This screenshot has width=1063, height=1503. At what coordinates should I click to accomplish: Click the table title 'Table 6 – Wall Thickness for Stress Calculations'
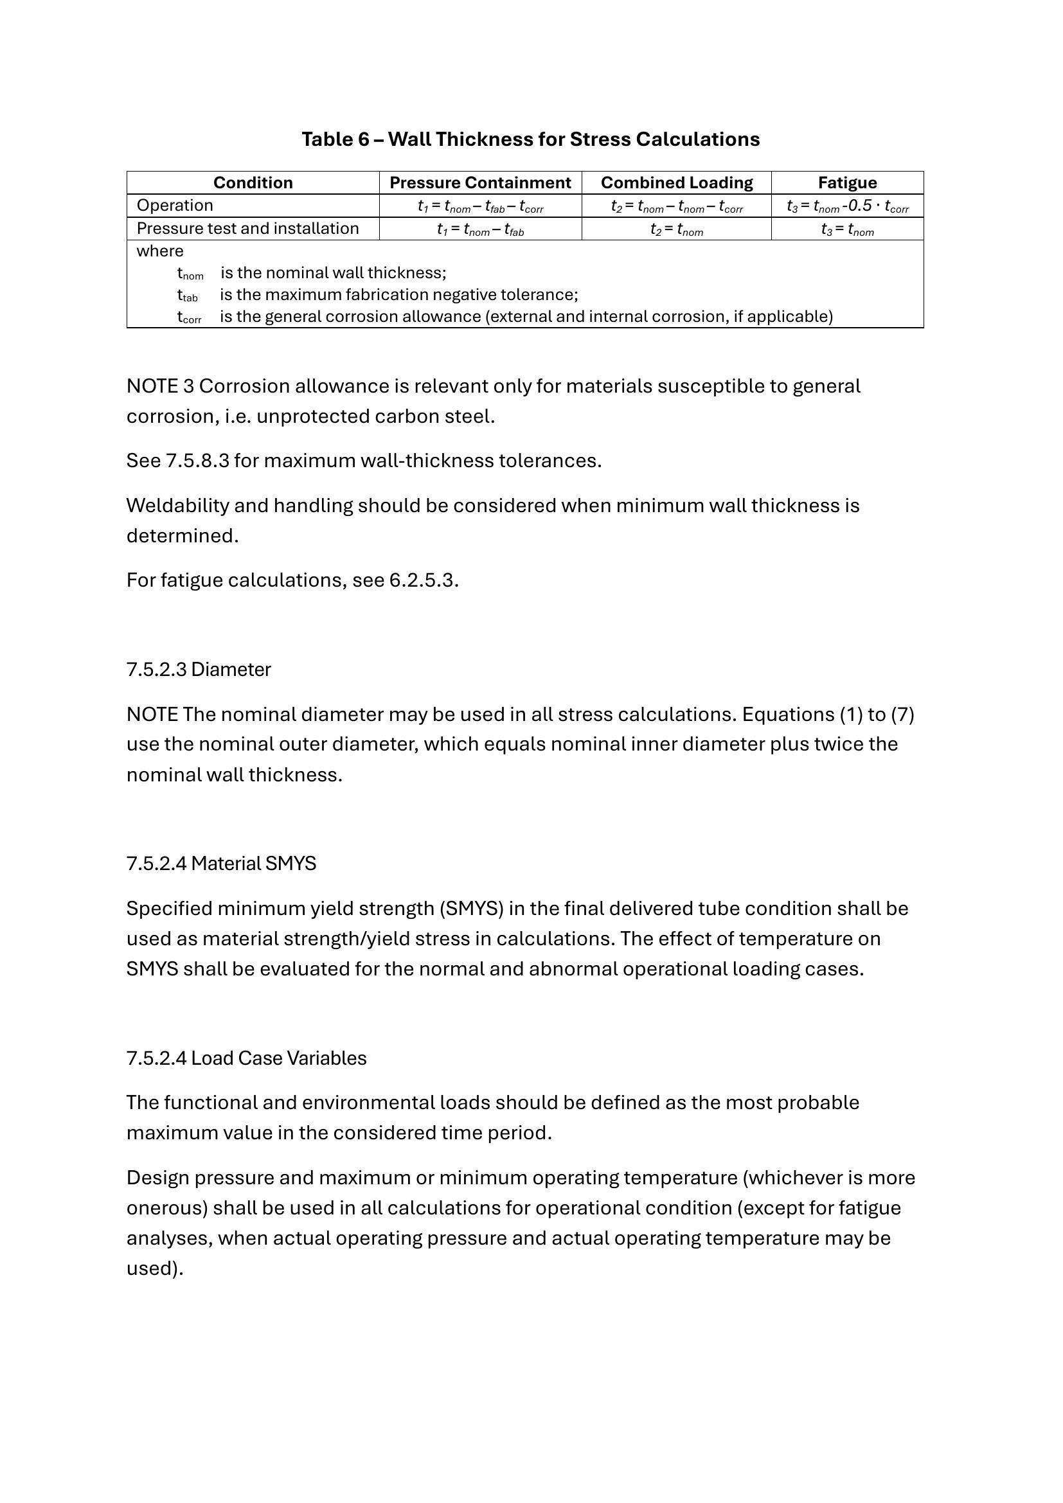(x=530, y=139)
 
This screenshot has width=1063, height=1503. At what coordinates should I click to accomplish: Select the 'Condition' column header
(x=253, y=182)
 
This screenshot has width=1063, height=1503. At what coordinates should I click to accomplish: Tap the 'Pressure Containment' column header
(x=480, y=182)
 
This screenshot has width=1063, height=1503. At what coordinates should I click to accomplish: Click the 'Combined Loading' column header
(x=676, y=182)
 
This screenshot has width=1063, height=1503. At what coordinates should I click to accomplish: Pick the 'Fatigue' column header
(x=847, y=182)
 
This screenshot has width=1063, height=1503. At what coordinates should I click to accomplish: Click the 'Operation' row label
(x=175, y=206)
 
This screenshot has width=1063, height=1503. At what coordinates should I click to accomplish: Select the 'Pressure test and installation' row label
(x=247, y=229)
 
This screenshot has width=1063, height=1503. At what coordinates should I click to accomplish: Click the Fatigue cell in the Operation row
(x=847, y=206)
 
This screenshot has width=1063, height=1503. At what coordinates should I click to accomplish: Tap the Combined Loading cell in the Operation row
(x=676, y=206)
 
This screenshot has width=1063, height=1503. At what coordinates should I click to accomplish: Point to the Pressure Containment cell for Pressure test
(x=480, y=229)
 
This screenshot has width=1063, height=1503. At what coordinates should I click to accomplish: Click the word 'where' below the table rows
(x=160, y=251)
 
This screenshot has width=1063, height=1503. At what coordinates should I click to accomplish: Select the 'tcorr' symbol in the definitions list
(x=189, y=317)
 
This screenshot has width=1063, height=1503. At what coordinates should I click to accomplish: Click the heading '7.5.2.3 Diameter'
(x=199, y=670)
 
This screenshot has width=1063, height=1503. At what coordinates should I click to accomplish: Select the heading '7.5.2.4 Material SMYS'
(x=221, y=864)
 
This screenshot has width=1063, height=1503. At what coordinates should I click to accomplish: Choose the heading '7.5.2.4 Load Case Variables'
(x=246, y=1058)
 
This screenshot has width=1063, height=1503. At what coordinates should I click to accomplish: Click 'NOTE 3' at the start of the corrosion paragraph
(x=160, y=386)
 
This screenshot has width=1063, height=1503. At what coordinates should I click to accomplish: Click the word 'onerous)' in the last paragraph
(x=166, y=1208)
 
